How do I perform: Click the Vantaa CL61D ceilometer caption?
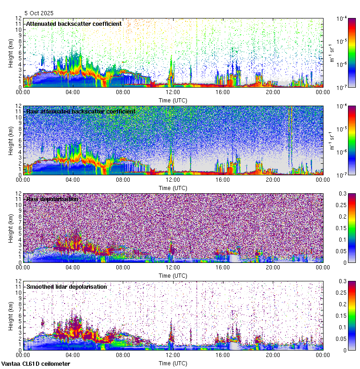pyautogui.click(x=36, y=364)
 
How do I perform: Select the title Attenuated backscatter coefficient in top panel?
pyautogui.click(x=74, y=24)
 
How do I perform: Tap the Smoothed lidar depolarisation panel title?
pyautogui.click(x=66, y=286)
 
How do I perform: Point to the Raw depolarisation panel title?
pyautogui.click(x=52, y=199)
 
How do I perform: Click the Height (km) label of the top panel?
pyautogui.click(x=10, y=52)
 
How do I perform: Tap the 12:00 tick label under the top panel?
pyautogui.click(x=173, y=92)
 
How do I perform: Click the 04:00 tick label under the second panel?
pyautogui.click(x=73, y=180)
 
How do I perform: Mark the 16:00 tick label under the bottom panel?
pyautogui.click(x=223, y=355)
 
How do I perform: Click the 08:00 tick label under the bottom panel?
pyautogui.click(x=123, y=355)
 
